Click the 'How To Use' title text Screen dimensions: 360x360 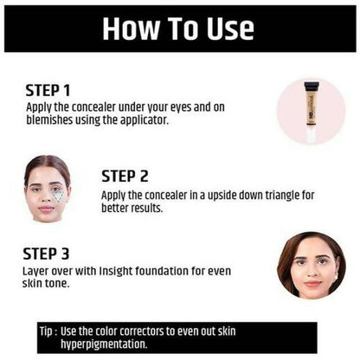click(x=178, y=28)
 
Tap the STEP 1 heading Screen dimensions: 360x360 click(x=48, y=91)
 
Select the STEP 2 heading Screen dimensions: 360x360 click(x=125, y=176)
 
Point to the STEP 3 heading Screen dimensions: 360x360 click(x=46, y=254)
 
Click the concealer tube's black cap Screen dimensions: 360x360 click(x=312, y=86)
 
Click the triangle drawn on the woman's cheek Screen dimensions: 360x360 click(x=59, y=196)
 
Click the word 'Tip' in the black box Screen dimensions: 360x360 click(x=46, y=331)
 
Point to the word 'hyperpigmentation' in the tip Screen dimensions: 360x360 click(x=104, y=344)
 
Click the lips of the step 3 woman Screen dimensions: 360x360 click(x=312, y=284)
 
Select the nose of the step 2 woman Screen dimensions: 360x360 click(x=46, y=196)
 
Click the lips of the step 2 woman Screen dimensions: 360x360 click(x=46, y=209)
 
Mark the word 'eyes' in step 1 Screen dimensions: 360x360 click(x=181, y=107)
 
